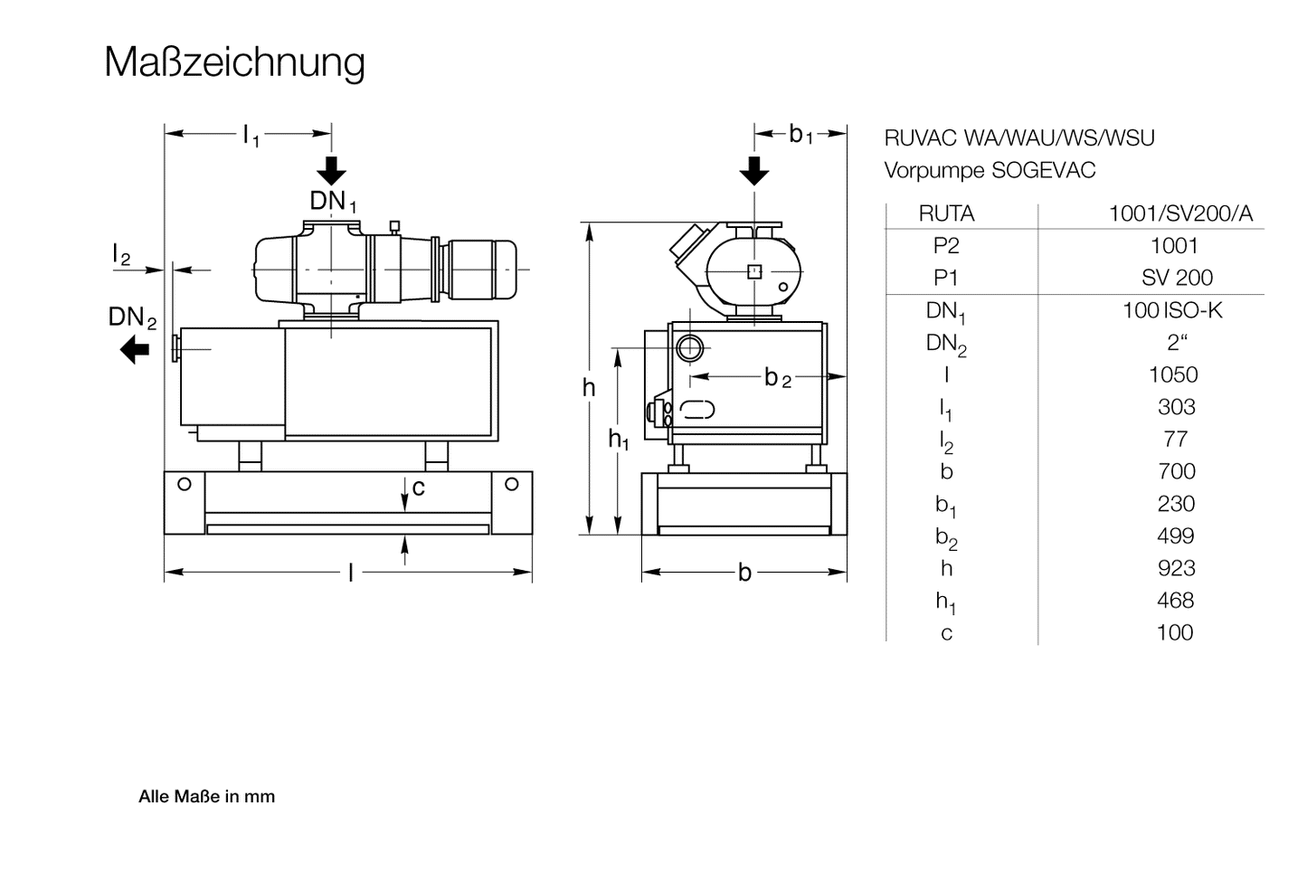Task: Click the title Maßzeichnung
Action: (x=234, y=62)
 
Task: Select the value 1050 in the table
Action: (x=1173, y=374)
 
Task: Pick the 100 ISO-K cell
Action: (x=1172, y=310)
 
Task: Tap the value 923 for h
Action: (x=1176, y=568)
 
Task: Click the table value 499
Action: (x=1175, y=536)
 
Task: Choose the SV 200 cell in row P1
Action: (x=1177, y=278)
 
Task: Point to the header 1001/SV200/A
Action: (x=1180, y=213)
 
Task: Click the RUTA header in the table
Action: (x=946, y=213)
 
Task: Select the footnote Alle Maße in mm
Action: (x=206, y=797)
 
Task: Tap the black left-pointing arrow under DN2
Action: (x=135, y=348)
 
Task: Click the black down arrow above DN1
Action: (x=332, y=170)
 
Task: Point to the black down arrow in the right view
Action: (x=753, y=170)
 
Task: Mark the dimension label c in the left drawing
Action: (x=418, y=488)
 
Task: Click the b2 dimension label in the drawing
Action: (x=777, y=378)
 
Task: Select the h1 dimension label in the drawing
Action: (x=618, y=441)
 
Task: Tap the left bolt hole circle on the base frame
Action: (x=185, y=484)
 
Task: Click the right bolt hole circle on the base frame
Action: (x=512, y=484)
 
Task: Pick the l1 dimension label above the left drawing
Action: (x=251, y=136)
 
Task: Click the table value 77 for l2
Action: (x=1175, y=439)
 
